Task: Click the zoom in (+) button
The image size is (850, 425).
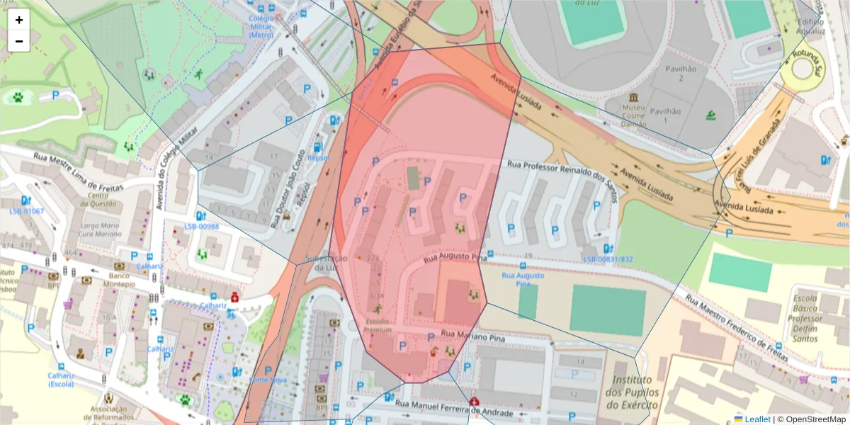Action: pyautogui.click(x=19, y=20)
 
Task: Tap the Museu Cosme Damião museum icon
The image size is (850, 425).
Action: pyautogui.click(x=633, y=96)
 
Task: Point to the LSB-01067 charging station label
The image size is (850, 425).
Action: pyautogui.click(x=26, y=211)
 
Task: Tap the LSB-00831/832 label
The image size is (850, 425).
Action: pyautogui.click(x=608, y=259)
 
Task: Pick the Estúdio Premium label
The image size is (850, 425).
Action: pyautogui.click(x=377, y=325)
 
